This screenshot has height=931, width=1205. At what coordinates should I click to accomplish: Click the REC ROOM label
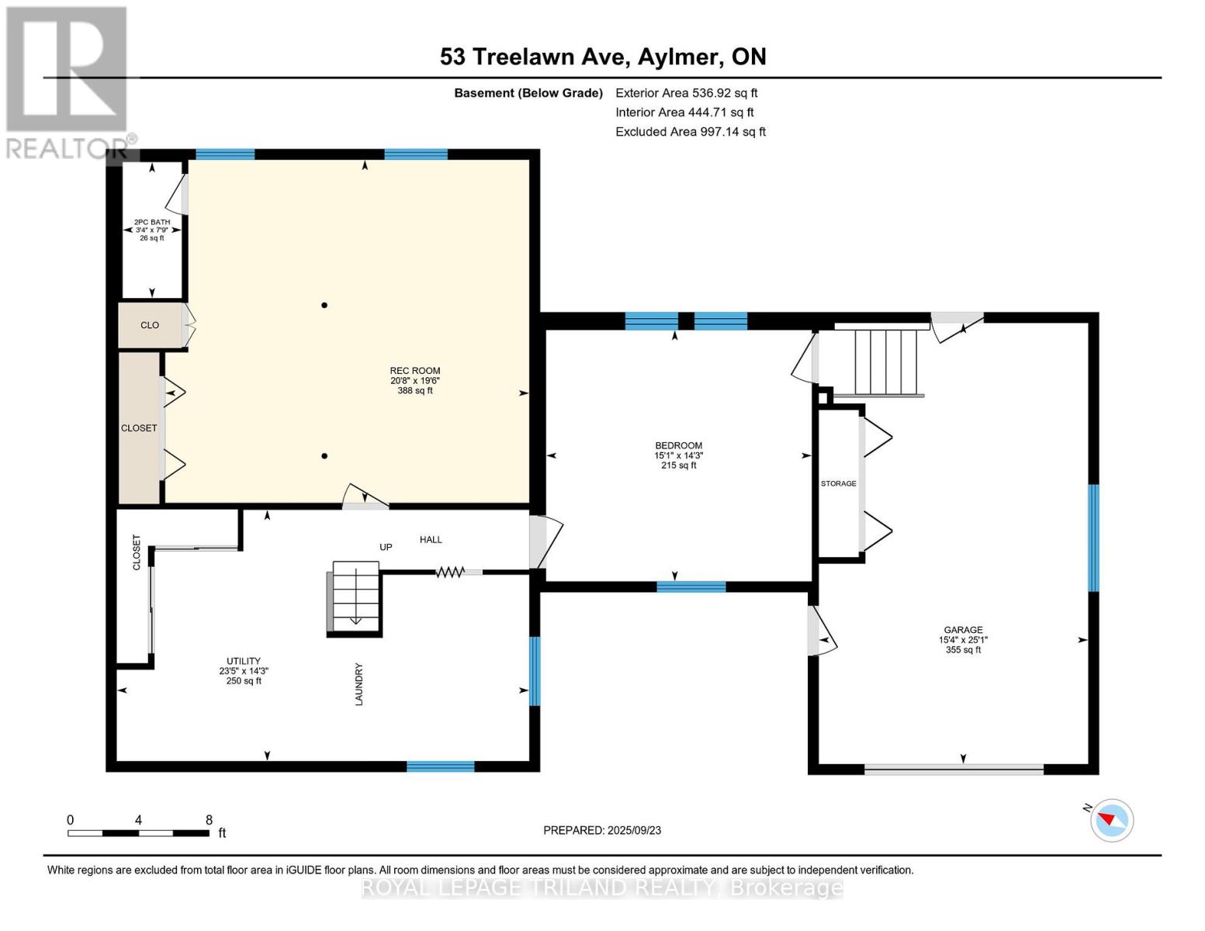click(415, 370)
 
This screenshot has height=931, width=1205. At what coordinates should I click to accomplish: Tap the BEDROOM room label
click(679, 445)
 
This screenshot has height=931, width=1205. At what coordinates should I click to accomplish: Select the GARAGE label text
click(963, 629)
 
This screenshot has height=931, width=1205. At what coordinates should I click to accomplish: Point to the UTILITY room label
click(244, 661)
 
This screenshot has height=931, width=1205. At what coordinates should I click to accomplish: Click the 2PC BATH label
click(152, 222)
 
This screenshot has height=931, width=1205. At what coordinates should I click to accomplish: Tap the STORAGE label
click(839, 483)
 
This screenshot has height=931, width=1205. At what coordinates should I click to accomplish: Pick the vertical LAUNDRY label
click(358, 684)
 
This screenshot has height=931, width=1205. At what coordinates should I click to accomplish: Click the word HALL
click(431, 539)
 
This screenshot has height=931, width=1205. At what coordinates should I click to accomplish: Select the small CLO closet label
click(150, 325)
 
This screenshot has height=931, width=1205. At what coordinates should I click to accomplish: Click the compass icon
click(1111, 821)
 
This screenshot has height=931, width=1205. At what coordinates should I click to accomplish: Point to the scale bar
click(139, 833)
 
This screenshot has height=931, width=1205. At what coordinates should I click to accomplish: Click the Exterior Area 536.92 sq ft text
click(687, 93)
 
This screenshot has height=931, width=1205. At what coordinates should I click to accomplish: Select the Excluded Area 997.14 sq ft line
click(691, 132)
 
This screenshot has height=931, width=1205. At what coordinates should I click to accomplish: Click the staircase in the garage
click(886, 362)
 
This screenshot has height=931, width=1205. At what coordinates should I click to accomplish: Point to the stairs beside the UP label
click(355, 597)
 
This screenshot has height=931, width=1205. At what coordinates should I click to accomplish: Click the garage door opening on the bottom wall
click(954, 769)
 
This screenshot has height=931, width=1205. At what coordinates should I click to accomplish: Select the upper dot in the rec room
click(324, 305)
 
